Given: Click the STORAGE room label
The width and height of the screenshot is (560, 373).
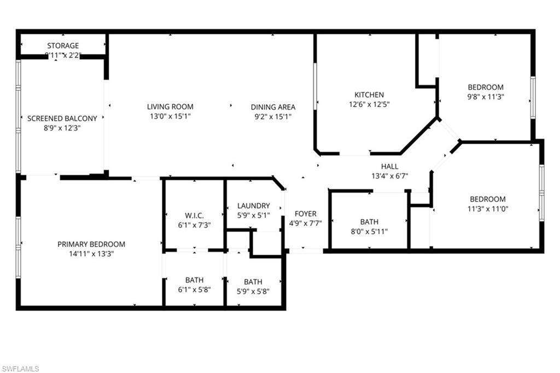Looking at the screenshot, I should pos(63,45).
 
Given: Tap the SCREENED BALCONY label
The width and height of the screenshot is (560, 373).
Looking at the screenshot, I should pos(62,118).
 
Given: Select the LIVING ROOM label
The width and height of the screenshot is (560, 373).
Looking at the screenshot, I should pos(170,107).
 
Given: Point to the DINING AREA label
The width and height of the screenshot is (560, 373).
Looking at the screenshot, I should pos(273,107).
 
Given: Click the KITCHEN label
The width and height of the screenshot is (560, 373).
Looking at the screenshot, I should pos(369,95).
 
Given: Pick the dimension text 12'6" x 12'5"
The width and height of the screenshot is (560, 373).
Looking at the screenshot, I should pos(369,104).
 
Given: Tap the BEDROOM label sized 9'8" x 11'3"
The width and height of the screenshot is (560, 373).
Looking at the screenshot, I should pos(486,87).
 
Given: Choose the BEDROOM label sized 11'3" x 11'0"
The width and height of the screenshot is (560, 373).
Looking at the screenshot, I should pos(487,199).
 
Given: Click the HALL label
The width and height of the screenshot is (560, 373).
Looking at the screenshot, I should pos(390,167).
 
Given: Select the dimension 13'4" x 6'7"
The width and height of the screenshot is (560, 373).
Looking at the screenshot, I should pos(390,176).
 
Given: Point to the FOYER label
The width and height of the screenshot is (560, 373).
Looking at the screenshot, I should pos(305,214).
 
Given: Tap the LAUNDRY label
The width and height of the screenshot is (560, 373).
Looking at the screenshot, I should pos(254,206).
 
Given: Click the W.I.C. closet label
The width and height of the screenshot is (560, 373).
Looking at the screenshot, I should pos(194,215).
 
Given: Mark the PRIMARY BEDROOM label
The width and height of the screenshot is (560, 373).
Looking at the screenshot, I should pos(91,244).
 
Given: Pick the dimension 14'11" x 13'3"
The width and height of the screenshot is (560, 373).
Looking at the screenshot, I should pos(91,254).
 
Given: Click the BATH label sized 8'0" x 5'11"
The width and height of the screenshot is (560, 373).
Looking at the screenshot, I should pos(369,222).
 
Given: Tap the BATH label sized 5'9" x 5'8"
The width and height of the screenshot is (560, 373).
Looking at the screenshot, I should pos(253,282).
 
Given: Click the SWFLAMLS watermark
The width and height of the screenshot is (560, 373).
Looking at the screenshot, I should pos(21,369).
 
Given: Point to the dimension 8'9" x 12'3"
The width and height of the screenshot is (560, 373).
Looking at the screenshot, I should pos(62,128).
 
